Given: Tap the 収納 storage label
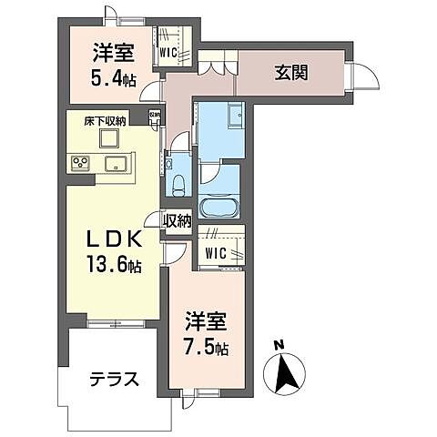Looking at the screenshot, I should point(178,219).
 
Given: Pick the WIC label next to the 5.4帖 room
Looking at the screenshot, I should point(168,52).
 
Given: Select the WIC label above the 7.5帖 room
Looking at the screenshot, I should point(216,251).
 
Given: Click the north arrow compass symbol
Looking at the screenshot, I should point(283,371).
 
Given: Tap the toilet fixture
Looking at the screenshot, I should point(178,183).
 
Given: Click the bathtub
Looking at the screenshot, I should point(218,205).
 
